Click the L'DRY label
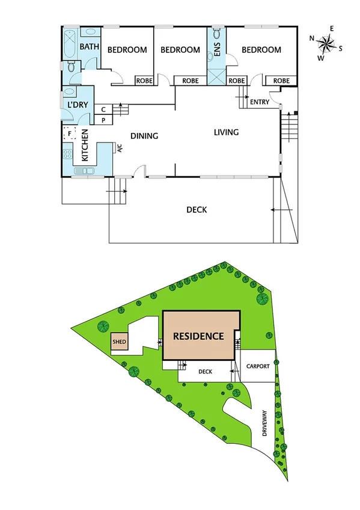79,105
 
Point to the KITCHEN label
85,146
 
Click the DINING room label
144,136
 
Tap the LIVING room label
226,132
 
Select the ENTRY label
259,102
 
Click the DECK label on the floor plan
197,210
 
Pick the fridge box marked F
70,134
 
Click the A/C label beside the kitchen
120,147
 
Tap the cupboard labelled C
103,109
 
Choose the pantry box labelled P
103,120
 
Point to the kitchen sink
85,171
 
